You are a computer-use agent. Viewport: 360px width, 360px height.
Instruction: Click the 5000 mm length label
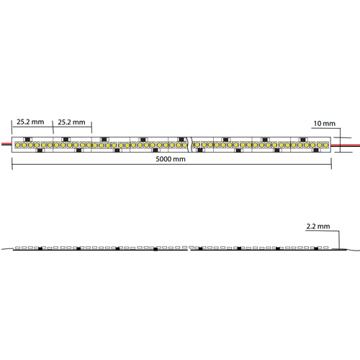point(171,159)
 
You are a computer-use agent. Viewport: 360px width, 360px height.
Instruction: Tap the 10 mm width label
point(324,124)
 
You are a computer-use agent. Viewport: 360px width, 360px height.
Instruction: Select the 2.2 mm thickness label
point(318,226)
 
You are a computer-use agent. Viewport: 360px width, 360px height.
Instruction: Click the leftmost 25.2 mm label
point(30,122)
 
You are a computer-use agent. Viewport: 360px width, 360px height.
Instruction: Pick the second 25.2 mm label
point(71,122)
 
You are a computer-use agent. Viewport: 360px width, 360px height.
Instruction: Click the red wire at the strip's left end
point(6,143)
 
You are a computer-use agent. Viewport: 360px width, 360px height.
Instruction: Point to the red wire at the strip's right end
point(346,145)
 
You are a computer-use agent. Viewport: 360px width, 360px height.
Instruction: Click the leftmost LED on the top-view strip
point(17,145)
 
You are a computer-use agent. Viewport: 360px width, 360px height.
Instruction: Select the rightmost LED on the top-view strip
point(325,145)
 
